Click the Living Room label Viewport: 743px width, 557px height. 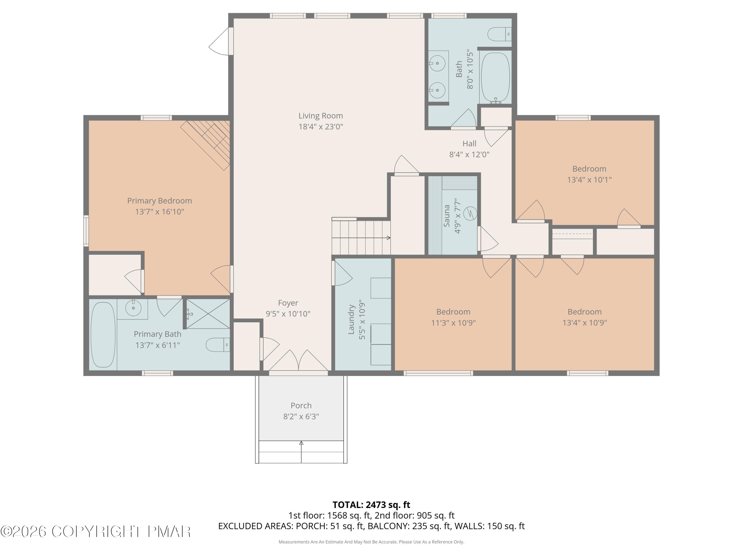321,116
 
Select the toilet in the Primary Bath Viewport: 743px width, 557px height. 218,345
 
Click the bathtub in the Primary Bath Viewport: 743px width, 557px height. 103,335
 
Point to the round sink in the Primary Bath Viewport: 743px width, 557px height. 133,307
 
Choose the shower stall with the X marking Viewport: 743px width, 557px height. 208,314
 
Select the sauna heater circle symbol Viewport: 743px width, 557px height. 470,213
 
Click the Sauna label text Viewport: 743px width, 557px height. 447,216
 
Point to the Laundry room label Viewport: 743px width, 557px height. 351,319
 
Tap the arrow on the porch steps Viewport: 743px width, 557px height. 301,452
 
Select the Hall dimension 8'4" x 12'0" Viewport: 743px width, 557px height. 470,155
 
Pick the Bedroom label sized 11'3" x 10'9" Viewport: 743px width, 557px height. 453,312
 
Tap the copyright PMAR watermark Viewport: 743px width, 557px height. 96,532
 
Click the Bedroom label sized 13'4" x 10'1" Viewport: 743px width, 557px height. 589,169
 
